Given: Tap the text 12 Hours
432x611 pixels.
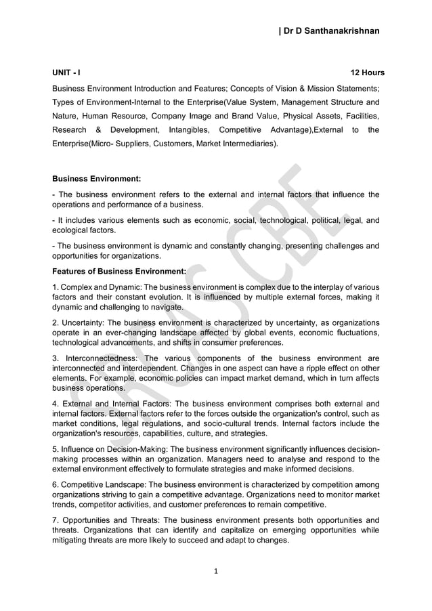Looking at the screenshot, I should pyautogui.click(x=367, y=72).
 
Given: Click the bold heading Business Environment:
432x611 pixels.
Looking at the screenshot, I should pyautogui.click(x=96, y=179).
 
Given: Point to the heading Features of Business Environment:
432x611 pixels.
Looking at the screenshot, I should pyautogui.click(x=119, y=271).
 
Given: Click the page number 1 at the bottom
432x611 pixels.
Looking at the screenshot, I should pyautogui.click(x=216, y=571).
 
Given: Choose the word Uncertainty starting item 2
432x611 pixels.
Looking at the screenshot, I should pyautogui.click(x=83, y=323).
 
